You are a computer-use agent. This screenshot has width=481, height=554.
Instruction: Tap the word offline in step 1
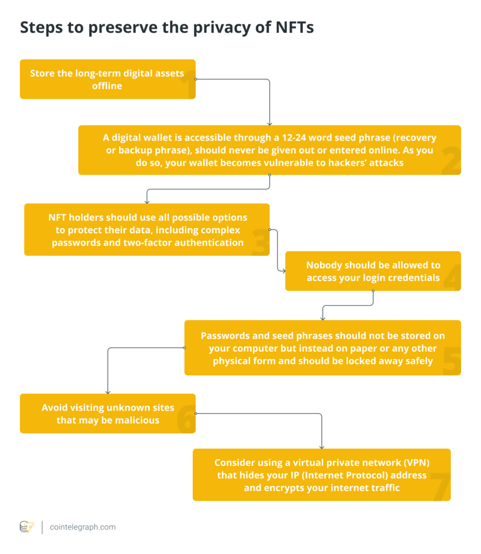coord(107,85)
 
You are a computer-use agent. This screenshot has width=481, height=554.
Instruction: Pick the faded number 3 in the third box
coord(259,242)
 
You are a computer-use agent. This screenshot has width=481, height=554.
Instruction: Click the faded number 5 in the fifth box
coord(451,361)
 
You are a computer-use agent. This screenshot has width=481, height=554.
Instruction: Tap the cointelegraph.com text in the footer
coord(82,527)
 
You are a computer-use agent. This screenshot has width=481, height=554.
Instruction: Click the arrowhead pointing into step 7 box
coord(322,446)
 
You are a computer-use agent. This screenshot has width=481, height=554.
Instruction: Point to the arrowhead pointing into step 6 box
coord(108,391)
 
